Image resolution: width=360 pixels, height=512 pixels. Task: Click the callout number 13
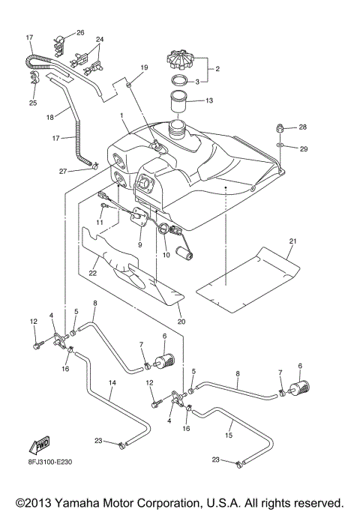click(x=209, y=99)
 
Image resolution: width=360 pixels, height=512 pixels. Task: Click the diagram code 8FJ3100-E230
click(x=43, y=464)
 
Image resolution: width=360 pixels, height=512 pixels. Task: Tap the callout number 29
click(x=304, y=149)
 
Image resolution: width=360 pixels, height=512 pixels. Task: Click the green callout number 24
click(x=100, y=38)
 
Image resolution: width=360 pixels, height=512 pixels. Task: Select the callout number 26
click(x=80, y=33)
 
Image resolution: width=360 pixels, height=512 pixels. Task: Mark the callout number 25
click(x=32, y=101)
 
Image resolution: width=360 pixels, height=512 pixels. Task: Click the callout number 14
click(x=111, y=382)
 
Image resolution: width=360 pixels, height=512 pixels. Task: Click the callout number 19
click(x=142, y=68)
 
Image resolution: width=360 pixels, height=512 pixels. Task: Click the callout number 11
click(x=99, y=223)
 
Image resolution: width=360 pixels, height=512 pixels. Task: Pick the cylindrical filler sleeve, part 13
click(x=179, y=102)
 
